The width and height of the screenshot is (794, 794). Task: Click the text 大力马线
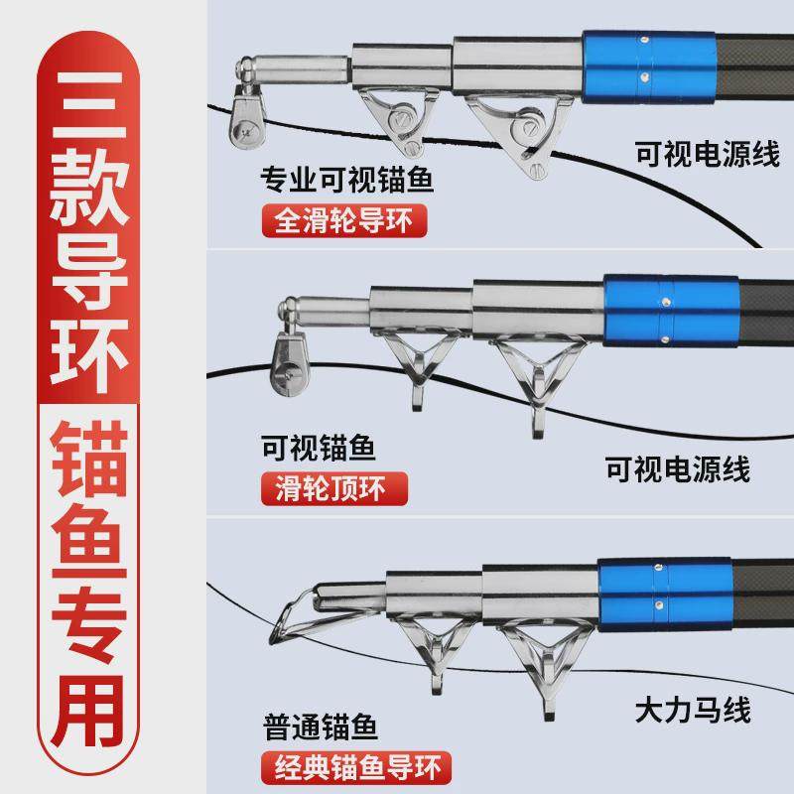(692, 711)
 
